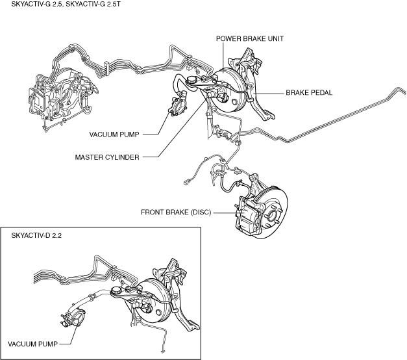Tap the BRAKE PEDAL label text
(x=309, y=93)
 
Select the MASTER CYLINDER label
(x=107, y=157)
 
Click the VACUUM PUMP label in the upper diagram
(x=115, y=135)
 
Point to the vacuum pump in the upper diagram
(x=178, y=106)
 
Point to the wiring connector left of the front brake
(x=188, y=183)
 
